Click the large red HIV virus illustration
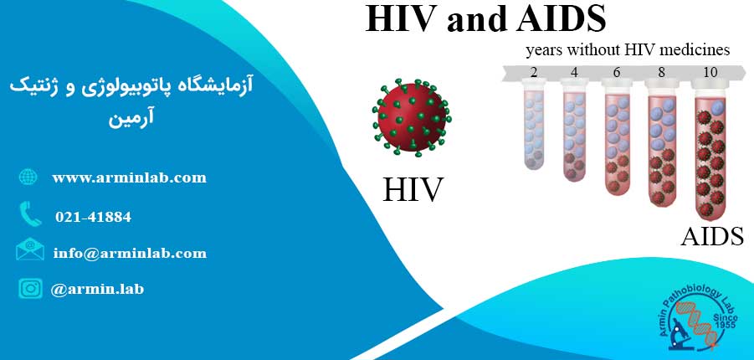[x=412, y=118]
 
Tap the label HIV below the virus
[x=413, y=189]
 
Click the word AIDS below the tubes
[x=712, y=236]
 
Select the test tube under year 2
[x=533, y=126]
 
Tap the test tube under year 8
[x=662, y=143]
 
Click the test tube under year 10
[x=710, y=150]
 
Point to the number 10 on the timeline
[x=710, y=72]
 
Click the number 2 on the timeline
[x=534, y=72]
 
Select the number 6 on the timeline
[x=617, y=72]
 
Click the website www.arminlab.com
[x=130, y=177]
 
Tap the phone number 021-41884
[x=93, y=217]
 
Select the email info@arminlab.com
[x=130, y=253]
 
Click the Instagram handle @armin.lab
[x=97, y=289]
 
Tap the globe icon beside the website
[x=28, y=177]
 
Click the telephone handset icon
[x=30, y=214]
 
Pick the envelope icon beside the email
[x=30, y=249]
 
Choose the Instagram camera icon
[x=30, y=288]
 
